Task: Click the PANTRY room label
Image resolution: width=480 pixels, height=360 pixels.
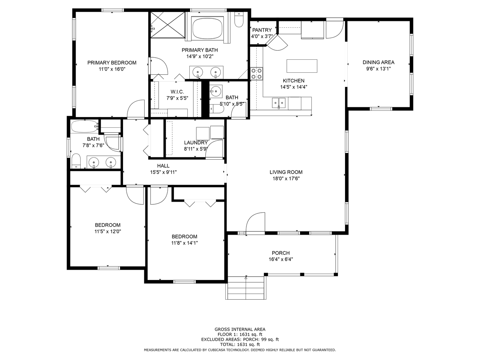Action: coord(262,30)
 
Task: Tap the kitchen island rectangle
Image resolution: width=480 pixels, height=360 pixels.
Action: coord(302,66)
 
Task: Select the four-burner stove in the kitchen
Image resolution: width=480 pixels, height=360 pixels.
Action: coord(257,74)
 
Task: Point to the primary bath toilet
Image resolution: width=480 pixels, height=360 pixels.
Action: coord(239,19)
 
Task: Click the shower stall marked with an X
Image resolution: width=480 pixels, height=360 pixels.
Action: coord(168,25)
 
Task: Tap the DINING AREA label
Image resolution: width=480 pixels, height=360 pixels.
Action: coord(379,62)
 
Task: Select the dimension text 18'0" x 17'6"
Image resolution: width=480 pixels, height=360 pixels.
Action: coord(286,179)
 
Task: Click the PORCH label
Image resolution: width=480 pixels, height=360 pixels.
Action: coord(281,253)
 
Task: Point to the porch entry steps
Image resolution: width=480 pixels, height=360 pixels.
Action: coord(246,288)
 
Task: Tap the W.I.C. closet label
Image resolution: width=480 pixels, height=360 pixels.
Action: coord(177,92)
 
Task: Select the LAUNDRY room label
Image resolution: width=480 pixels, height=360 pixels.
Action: coord(196,143)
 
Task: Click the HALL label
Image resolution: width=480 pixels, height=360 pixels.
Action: coord(163,166)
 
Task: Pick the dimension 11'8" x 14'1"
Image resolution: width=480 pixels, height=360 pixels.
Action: coord(185,243)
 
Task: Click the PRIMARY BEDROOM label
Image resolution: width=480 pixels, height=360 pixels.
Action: coord(112,63)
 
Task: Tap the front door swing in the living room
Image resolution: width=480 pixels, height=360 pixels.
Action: coord(255,223)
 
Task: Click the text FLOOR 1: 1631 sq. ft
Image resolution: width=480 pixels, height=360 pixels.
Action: coord(240,334)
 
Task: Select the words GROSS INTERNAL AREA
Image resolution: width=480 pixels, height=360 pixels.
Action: coord(240,329)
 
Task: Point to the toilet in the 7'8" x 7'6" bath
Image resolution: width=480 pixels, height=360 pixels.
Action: coord(76,161)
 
